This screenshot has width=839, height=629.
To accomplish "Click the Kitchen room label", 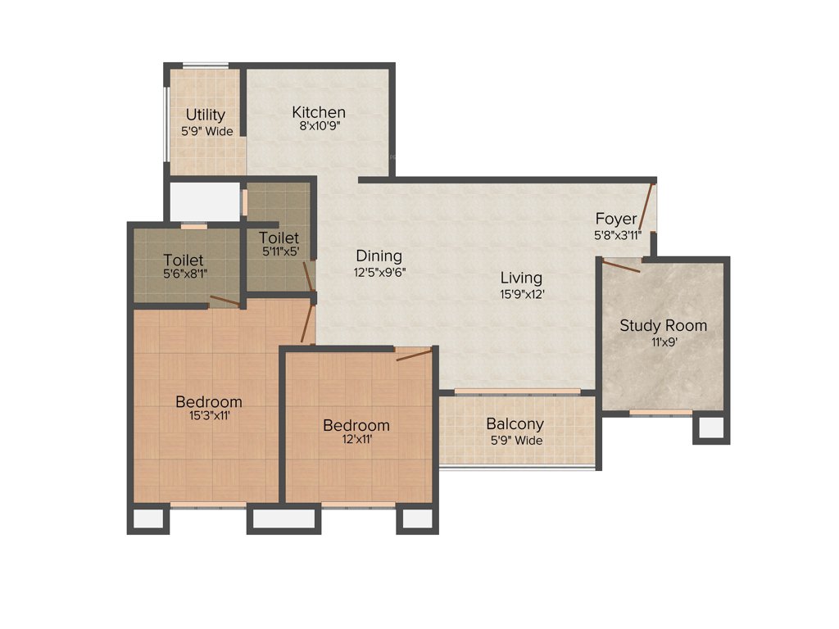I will tap(319, 112).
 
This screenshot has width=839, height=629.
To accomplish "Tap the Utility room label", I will tap(205, 115).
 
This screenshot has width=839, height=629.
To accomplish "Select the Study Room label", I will tap(663, 325).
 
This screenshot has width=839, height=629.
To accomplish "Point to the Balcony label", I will tap(515, 424).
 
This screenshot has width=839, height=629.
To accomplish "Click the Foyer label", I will tap(616, 219).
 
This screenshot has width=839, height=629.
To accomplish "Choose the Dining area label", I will tap(379, 256).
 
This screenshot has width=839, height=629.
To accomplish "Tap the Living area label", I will tap(522, 278).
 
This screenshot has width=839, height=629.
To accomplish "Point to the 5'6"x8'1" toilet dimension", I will tap(183, 275).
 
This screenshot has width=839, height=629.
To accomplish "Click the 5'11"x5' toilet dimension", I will tap(280, 252).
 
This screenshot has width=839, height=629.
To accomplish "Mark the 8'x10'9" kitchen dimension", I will tap(319, 127).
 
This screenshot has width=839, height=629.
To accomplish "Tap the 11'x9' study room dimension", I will tap(663, 342).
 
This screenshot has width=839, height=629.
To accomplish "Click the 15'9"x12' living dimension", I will tap(522, 293).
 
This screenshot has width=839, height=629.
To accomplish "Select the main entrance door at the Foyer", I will tap(646, 209).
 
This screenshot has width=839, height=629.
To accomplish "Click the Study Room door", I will tap(621, 266).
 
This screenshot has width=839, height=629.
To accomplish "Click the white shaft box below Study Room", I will tap(711, 428).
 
